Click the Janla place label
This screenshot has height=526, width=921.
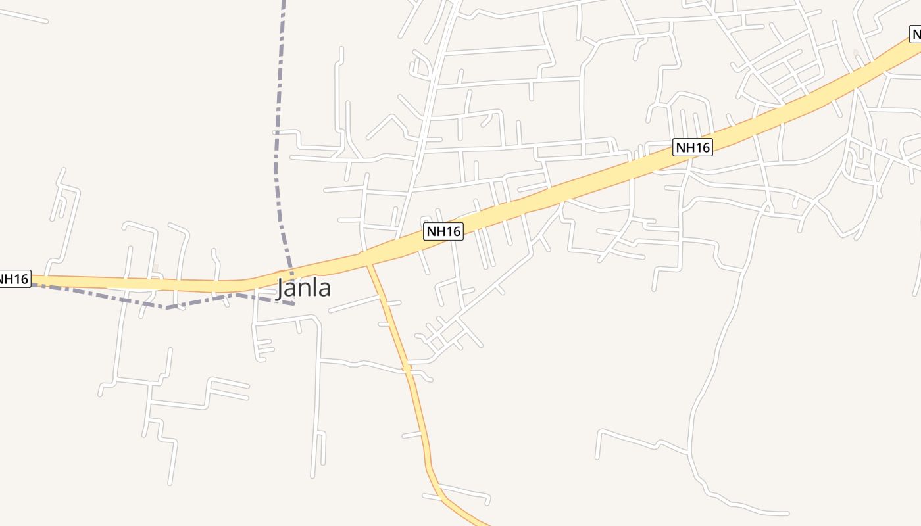tap(303, 288)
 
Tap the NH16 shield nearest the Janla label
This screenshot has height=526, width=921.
tap(443, 231)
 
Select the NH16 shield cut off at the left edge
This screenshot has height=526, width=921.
tap(14, 279)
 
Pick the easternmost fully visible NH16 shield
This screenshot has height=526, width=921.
tap(693, 147)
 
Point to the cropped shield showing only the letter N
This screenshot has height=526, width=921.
tap(915, 34)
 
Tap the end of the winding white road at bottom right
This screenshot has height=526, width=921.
tap(787, 513)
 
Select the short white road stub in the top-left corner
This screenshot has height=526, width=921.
tap(23, 16)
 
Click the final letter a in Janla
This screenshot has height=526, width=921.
tap(324, 290)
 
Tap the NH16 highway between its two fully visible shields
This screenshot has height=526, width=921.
tap(566, 191)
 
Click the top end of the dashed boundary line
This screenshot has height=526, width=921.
tap(284, 2)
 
